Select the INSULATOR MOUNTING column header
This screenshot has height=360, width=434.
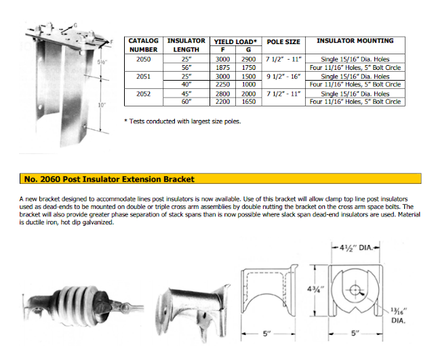pyautogui.click(x=357, y=41)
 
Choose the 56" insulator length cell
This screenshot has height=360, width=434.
pyautogui.click(x=183, y=68)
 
